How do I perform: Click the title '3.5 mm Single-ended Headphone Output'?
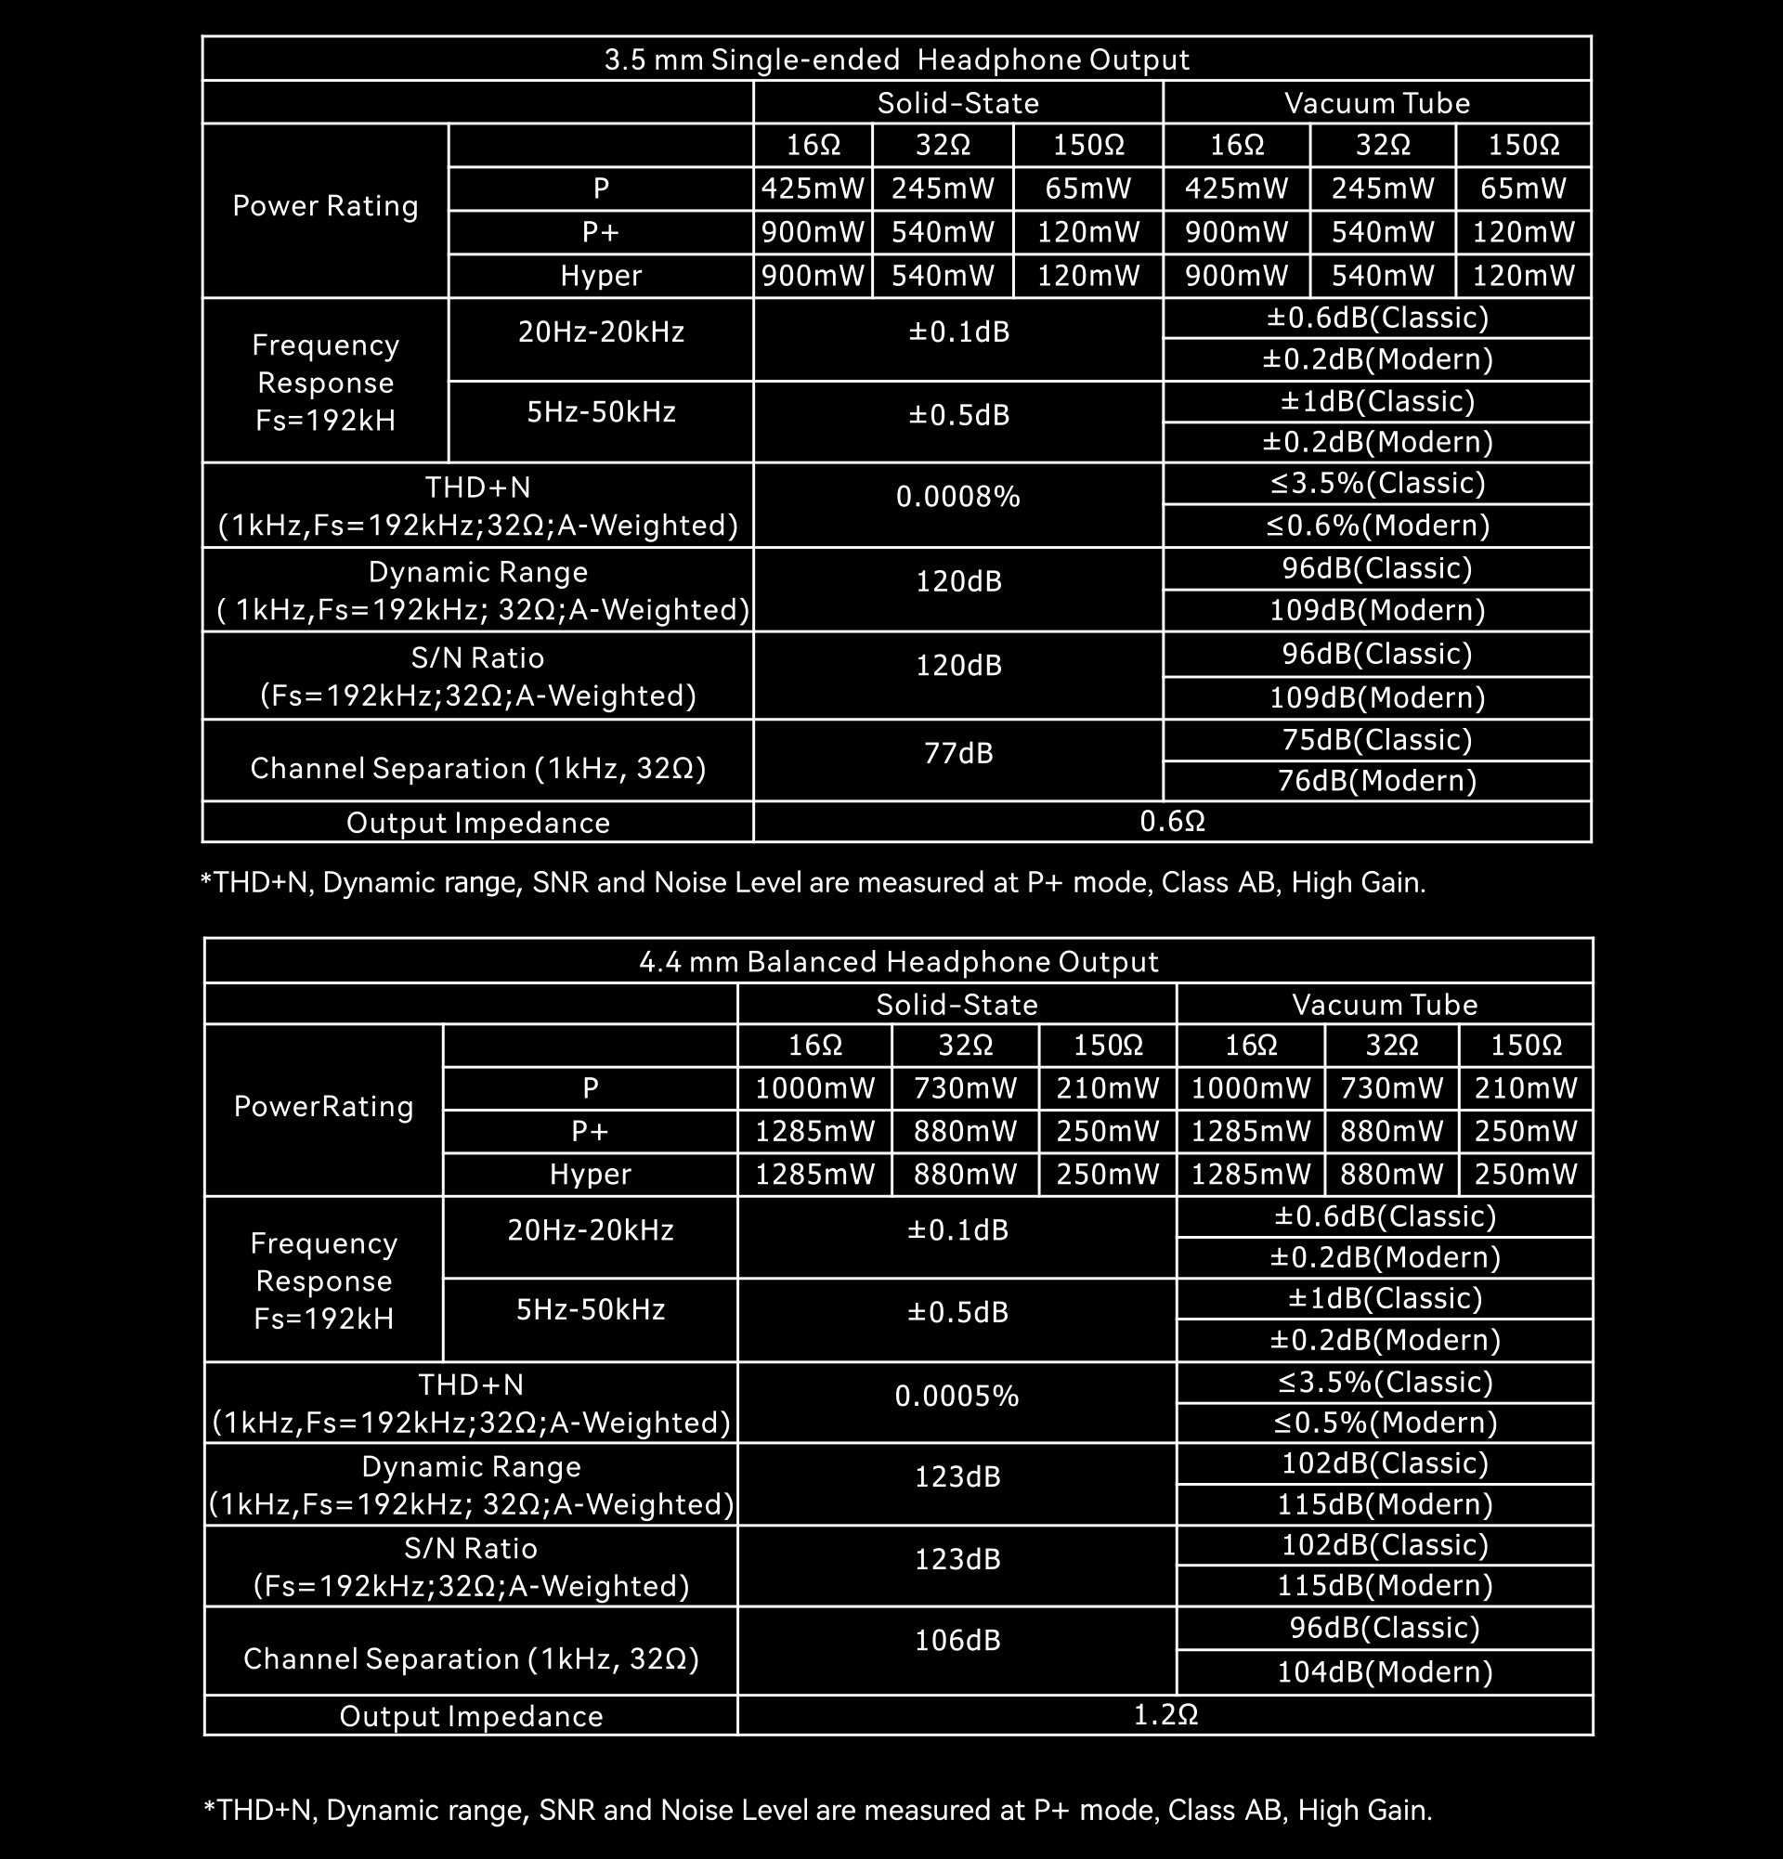896,59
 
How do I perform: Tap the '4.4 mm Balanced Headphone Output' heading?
898,962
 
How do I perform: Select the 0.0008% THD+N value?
957,497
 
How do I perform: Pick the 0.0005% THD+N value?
956,1397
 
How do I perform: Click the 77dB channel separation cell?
957,753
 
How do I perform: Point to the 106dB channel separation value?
957,1640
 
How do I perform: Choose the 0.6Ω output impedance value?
1172,822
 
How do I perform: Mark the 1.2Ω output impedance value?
1165,1715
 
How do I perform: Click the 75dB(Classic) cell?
1377,740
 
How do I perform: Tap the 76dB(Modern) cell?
1377,781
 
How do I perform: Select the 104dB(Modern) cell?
1385,1671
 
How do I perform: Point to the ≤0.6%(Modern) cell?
1377,526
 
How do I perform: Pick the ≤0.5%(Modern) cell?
1385,1423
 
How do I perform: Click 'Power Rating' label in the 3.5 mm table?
325,206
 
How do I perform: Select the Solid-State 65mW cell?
1087,188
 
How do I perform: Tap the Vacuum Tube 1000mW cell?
1250,1088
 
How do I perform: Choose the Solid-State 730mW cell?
965,1088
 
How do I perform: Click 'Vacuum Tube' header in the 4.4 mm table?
1385,1005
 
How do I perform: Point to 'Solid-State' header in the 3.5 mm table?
957,102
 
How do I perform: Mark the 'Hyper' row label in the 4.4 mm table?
590,1175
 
